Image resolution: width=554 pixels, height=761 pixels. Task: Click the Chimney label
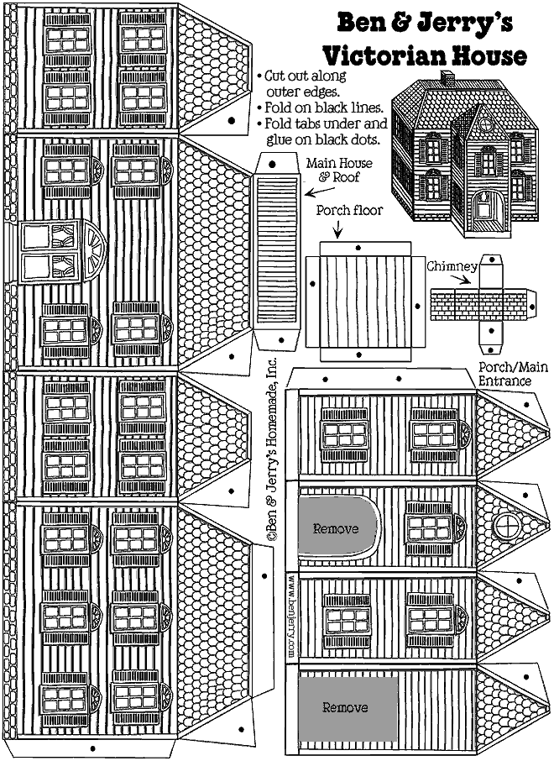coord(452,266)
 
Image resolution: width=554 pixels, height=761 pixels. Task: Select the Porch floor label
coord(349,211)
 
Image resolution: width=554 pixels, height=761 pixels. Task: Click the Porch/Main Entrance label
coord(505,374)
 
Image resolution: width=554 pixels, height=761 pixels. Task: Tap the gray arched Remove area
coord(336,528)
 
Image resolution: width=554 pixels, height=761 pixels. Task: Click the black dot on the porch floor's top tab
coord(359,249)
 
